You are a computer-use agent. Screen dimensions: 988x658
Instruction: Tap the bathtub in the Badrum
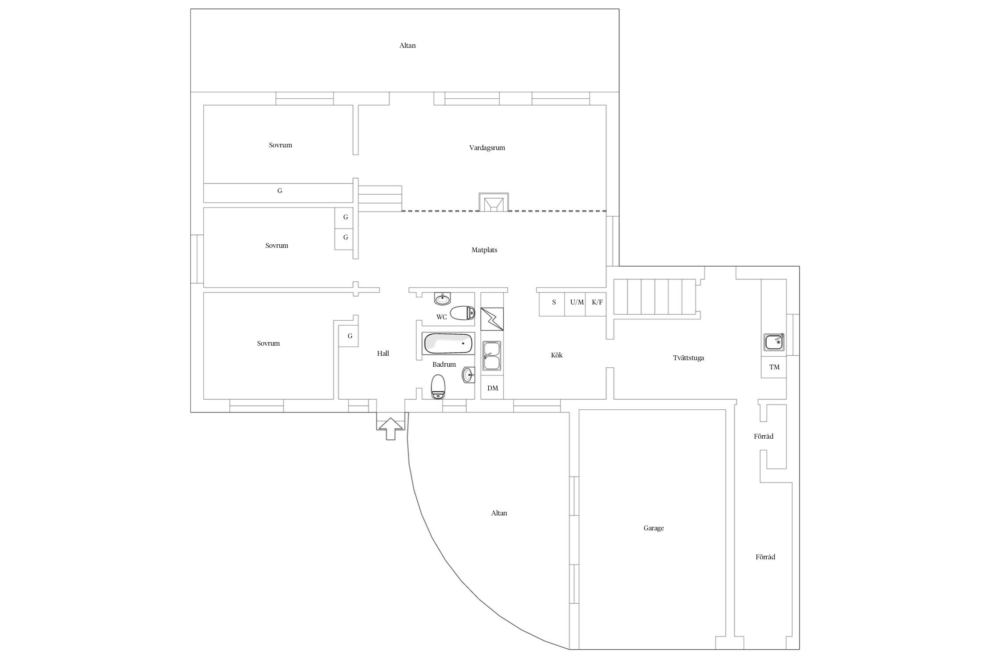448,344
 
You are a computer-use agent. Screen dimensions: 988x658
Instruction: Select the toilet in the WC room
462,313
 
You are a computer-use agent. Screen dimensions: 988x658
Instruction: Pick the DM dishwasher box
492,388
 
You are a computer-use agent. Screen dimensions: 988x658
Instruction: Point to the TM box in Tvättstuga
774,367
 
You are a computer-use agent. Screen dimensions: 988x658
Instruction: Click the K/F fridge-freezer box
597,302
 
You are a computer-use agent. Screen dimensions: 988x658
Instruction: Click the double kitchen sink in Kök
492,356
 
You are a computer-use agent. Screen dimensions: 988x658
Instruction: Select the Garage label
653,528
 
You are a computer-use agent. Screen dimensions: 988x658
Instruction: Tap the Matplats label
484,250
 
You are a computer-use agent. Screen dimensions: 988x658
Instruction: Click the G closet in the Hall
350,336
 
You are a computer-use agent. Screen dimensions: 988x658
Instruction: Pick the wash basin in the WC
442,299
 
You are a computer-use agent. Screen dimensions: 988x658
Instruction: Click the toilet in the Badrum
438,386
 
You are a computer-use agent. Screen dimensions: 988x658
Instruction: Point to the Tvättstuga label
688,358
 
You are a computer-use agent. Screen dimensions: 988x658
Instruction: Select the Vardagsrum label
487,148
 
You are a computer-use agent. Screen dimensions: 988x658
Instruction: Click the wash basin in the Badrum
468,375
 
